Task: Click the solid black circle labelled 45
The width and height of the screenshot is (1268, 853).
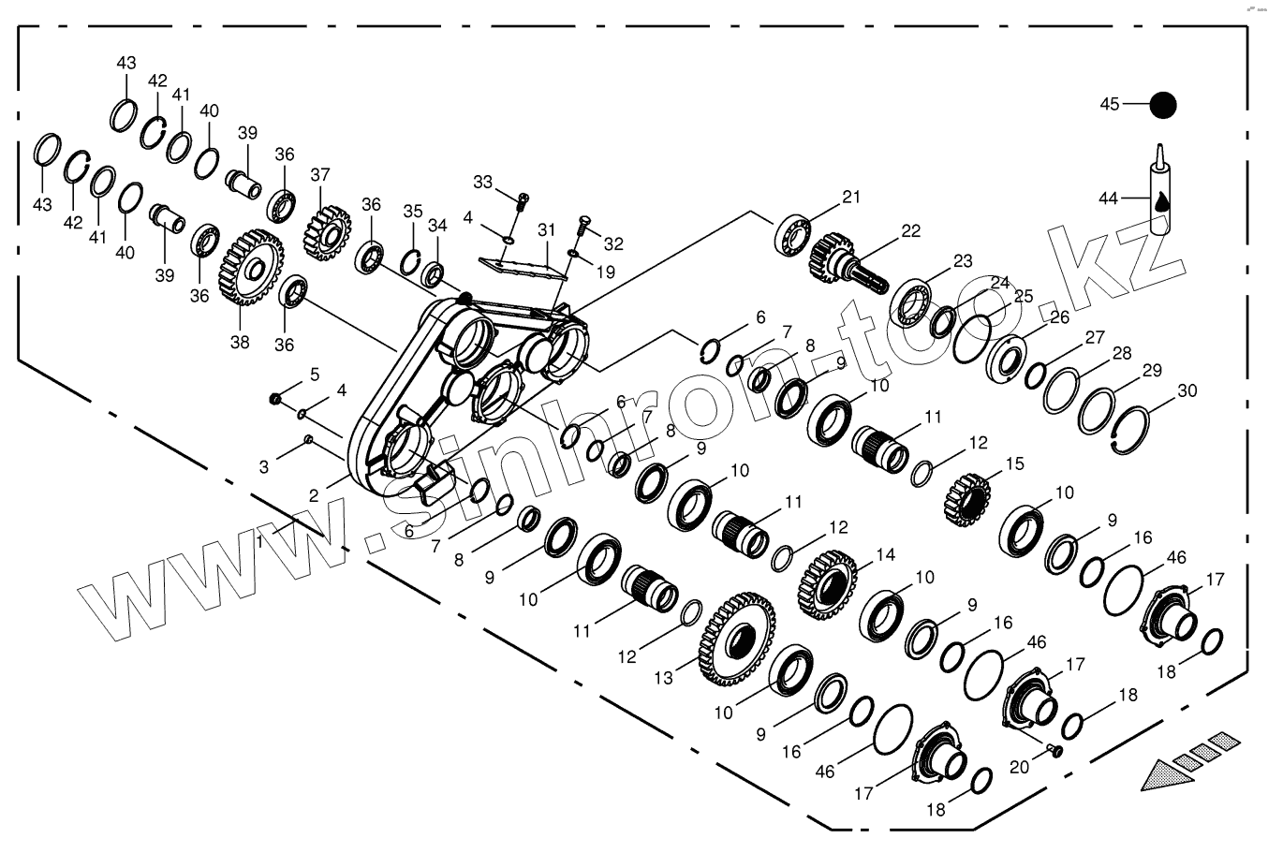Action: tap(1163, 105)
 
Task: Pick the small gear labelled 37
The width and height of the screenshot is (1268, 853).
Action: tap(327, 231)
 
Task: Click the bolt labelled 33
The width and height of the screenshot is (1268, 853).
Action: tap(522, 199)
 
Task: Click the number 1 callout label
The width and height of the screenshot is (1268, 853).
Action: tap(260, 542)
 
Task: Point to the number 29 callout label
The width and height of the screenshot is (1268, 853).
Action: tap(1152, 370)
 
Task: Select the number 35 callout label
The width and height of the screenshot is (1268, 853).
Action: tap(413, 212)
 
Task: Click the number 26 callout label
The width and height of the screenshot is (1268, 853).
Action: tap(1059, 317)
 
